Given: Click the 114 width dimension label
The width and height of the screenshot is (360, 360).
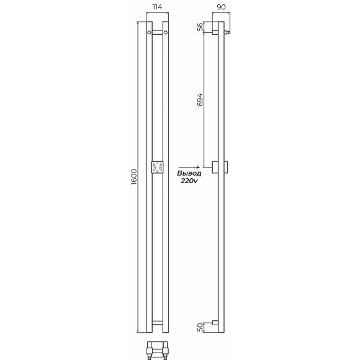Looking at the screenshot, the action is click(157, 7).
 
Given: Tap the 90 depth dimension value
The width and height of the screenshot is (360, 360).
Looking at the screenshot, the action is click(221, 7).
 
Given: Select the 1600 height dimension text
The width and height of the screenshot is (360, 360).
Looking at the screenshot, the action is click(133, 177).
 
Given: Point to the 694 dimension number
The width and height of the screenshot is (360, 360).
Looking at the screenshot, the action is click(200, 100).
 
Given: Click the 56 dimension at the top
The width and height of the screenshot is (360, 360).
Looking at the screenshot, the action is click(200, 27).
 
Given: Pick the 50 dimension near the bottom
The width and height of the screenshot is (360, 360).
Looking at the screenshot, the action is click(200, 327).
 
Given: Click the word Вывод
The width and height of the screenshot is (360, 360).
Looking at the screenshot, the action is click(189, 174).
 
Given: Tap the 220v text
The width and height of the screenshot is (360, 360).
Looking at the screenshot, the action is click(189, 181).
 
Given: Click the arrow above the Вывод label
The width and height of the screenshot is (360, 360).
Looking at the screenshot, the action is click(189, 168).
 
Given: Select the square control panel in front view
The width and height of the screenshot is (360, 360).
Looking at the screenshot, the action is click(157, 167).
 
